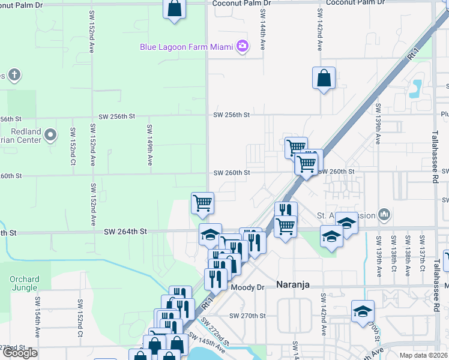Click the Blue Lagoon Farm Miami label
coord(186,46)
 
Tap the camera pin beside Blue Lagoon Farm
coord(242,46)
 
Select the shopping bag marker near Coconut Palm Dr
coord(174,9)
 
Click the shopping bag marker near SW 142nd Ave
coord(324,78)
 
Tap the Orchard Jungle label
coord(25,283)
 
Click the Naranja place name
coord(294,285)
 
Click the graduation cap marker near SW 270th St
coord(363,311)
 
